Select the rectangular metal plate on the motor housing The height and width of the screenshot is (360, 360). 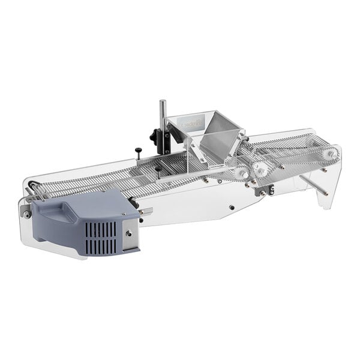point(130,235)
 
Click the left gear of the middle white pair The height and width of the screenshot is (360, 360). point(242,173)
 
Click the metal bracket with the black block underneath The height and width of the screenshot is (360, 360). point(263,190)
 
